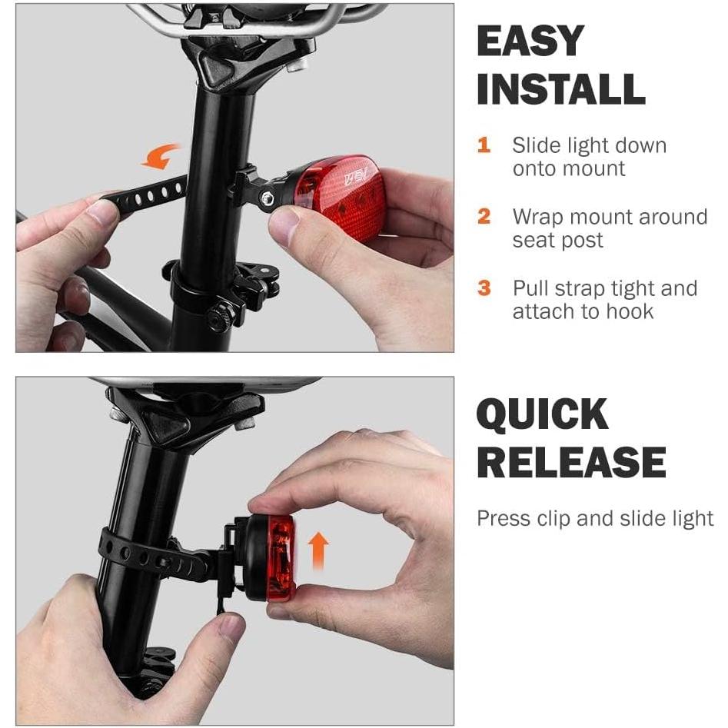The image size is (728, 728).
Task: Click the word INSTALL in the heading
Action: tap(560, 89)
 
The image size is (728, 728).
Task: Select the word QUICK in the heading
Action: tap(542, 415)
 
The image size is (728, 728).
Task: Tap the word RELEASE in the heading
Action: tap(570, 464)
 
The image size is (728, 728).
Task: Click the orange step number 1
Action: tap(484, 145)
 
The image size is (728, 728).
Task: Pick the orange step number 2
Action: tap(484, 217)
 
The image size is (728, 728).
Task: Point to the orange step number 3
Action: tap(484, 288)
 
